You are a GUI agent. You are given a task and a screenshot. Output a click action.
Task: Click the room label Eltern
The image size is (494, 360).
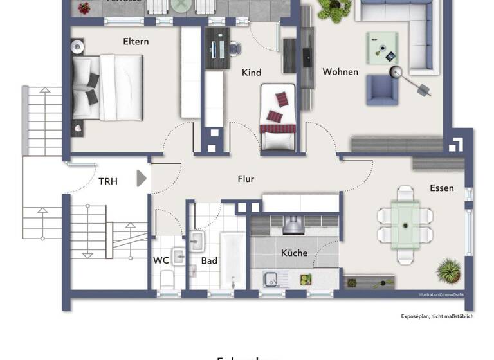[136, 42]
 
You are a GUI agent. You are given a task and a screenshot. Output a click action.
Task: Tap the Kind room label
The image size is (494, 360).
[252, 73]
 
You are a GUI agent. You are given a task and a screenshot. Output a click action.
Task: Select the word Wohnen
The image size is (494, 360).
[340, 71]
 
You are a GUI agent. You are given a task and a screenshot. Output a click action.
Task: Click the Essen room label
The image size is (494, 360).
[442, 188]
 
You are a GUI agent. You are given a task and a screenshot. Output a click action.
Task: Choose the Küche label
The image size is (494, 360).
[294, 253]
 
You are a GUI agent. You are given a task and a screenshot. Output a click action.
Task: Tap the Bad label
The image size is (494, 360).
[209, 260]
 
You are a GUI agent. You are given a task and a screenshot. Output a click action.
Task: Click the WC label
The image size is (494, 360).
[161, 260]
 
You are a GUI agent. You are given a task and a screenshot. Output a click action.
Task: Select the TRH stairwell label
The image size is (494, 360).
[108, 181]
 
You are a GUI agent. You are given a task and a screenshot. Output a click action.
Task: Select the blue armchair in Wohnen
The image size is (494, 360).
[382, 90]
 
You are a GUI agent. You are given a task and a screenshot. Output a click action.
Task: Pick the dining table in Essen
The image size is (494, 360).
[405, 225]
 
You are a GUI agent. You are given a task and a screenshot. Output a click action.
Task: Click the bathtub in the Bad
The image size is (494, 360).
[232, 260]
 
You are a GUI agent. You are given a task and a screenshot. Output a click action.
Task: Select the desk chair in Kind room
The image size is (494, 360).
[234, 48]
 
